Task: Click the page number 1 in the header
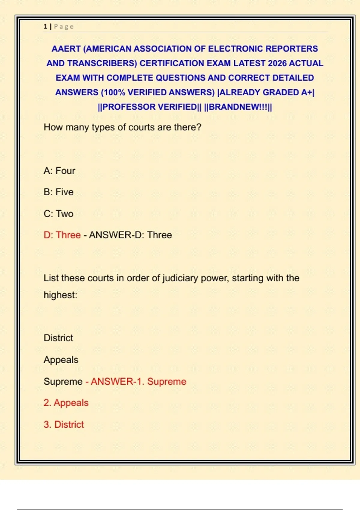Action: pyautogui.click(x=45, y=26)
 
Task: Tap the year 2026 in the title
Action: pyautogui.click(x=277, y=63)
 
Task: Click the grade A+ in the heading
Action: pyautogui.click(x=306, y=92)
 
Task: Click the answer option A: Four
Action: pyautogui.click(x=59, y=171)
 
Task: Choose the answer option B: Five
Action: pyautogui.click(x=58, y=192)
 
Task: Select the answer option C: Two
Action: pyautogui.click(x=58, y=214)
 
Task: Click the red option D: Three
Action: pyautogui.click(x=62, y=235)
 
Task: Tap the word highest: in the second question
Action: pyautogui.click(x=60, y=295)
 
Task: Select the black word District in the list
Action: pyautogui.click(x=58, y=338)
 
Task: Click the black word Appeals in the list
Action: pyautogui.click(x=61, y=360)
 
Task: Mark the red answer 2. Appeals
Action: pyautogui.click(x=66, y=403)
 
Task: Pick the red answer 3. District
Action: pyautogui.click(x=64, y=424)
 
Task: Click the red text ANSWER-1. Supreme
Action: pyautogui.click(x=138, y=381)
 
